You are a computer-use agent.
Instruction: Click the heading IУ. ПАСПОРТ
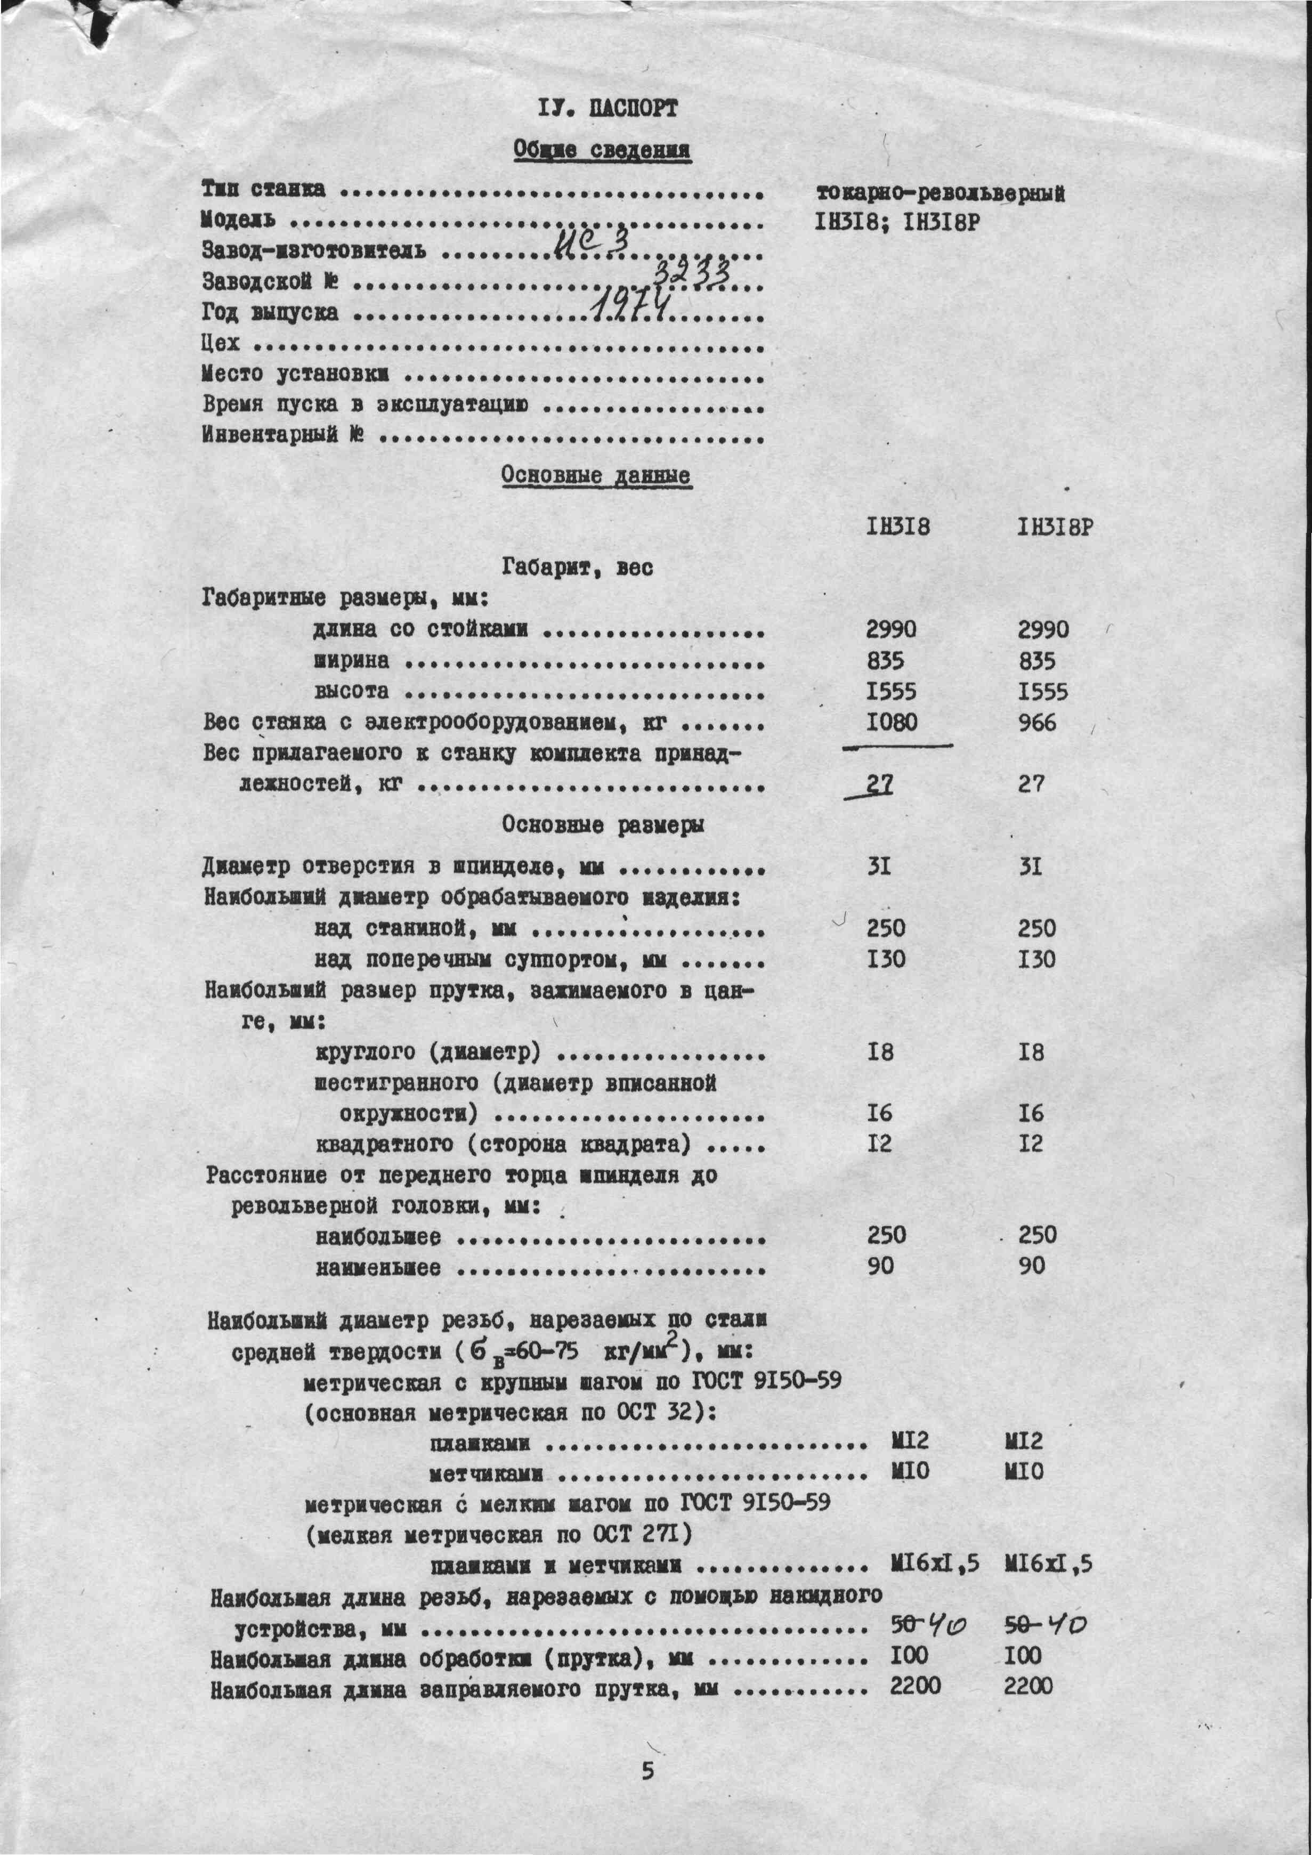click(607, 108)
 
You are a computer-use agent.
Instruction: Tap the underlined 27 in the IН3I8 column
click(879, 784)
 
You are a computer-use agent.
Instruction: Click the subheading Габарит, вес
click(578, 568)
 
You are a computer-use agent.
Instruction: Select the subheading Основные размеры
click(603, 825)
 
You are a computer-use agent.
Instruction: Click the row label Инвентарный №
click(283, 435)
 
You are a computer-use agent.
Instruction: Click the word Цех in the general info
click(221, 343)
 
